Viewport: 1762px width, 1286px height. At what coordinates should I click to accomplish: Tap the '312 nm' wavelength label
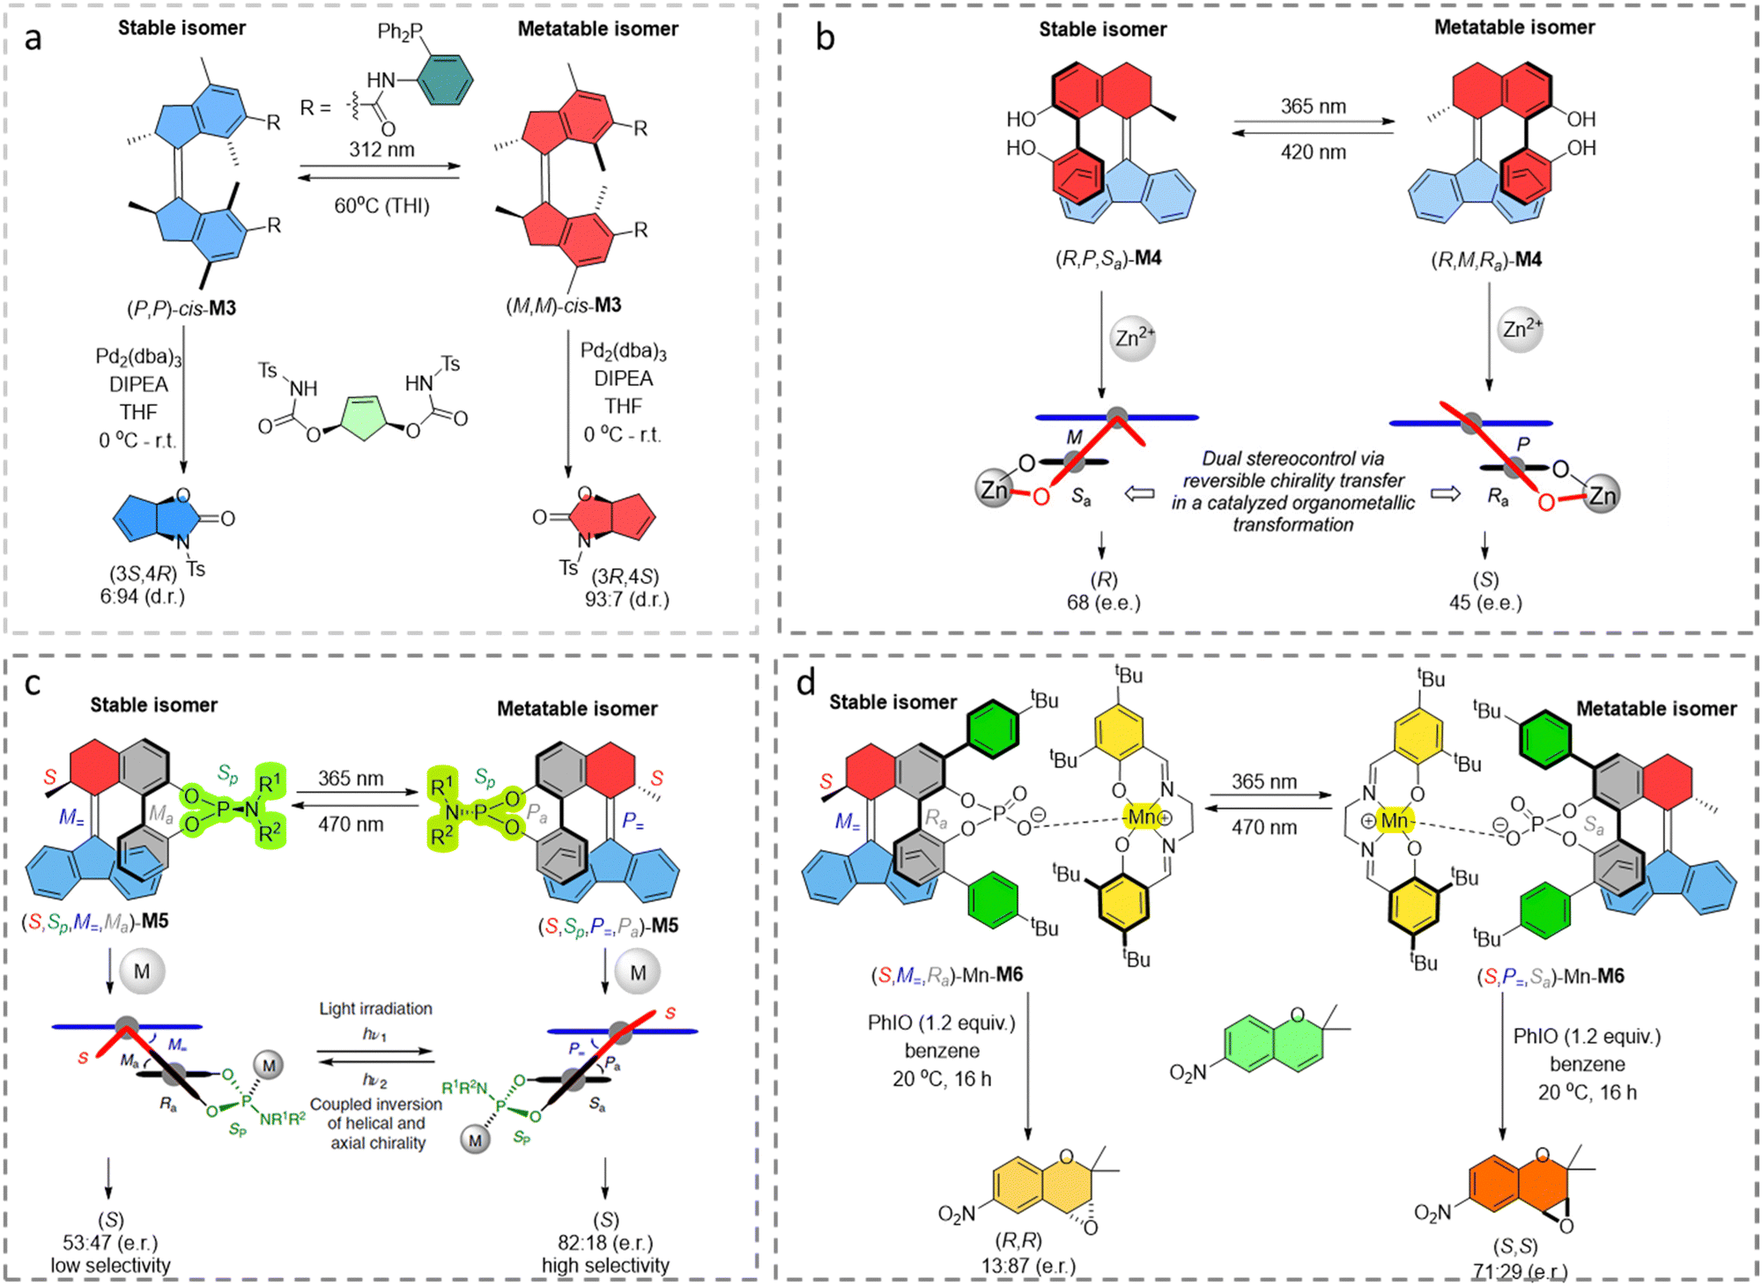[381, 150]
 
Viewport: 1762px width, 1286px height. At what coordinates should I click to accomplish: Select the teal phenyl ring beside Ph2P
[445, 79]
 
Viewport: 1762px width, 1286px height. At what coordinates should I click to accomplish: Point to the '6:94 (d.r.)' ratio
[142, 596]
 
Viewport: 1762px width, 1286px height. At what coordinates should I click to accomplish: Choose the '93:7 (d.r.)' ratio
[626, 599]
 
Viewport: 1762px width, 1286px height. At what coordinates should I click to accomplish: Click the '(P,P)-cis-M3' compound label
[181, 308]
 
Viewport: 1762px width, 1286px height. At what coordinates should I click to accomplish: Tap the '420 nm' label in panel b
[1313, 152]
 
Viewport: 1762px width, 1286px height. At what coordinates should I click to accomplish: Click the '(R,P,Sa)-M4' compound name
[1108, 258]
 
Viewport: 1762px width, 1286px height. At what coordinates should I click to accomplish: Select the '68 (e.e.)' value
[1103, 602]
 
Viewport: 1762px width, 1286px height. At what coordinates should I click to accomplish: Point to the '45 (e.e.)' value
[1485, 602]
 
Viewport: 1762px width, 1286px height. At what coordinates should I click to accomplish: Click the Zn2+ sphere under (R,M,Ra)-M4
[1521, 330]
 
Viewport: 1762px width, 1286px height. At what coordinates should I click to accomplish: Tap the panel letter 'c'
[33, 684]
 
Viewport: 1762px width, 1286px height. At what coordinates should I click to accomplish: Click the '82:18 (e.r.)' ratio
[605, 1242]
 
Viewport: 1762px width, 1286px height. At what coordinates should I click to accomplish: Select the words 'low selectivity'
[110, 1265]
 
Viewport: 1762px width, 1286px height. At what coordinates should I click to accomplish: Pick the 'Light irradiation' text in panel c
[375, 1009]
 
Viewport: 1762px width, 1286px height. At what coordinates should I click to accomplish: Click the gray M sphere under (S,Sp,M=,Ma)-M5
[142, 971]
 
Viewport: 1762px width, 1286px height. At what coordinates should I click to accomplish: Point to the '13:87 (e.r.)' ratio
[1028, 1265]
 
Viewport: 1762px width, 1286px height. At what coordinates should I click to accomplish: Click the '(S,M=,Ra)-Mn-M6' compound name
[947, 975]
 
